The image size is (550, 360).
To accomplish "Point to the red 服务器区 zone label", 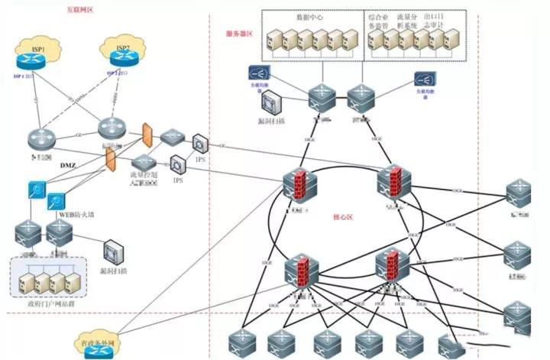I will tap(239, 34).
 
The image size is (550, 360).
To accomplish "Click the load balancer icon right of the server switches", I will tap(425, 79).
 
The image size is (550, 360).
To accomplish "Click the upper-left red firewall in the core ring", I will tap(295, 186).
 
